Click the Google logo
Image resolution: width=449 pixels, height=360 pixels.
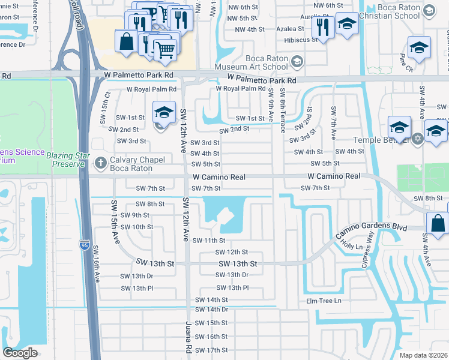(x=20, y=352)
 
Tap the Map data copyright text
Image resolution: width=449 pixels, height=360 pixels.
(x=424, y=355)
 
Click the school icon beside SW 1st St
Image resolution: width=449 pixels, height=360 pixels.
(x=163, y=112)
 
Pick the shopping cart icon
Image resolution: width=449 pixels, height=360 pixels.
(x=164, y=50)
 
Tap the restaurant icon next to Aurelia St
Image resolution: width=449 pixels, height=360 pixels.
(x=324, y=26)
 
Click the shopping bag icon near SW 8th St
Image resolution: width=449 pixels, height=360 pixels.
(x=438, y=223)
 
